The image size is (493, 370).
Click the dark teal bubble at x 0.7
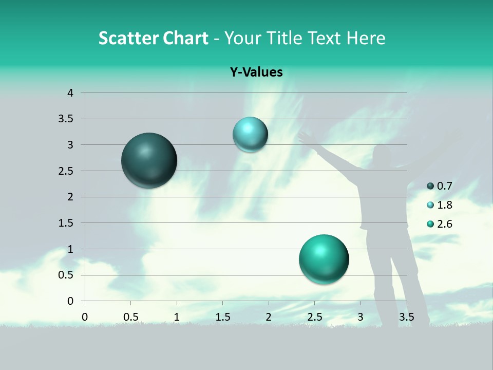(149, 160)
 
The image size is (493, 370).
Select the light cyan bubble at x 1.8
(250, 135)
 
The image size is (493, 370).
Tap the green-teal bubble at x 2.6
(324, 259)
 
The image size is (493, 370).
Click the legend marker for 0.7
(430, 186)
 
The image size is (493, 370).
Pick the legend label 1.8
(444, 205)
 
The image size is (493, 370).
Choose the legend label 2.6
(444, 224)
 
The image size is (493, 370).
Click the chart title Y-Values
(256, 72)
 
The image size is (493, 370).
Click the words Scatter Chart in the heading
(153, 38)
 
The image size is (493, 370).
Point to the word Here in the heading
(365, 38)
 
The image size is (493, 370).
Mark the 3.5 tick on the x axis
(406, 317)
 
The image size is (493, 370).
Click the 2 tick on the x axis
(269, 317)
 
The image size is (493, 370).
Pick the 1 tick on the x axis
(177, 317)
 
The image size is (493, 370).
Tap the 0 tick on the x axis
(85, 317)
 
